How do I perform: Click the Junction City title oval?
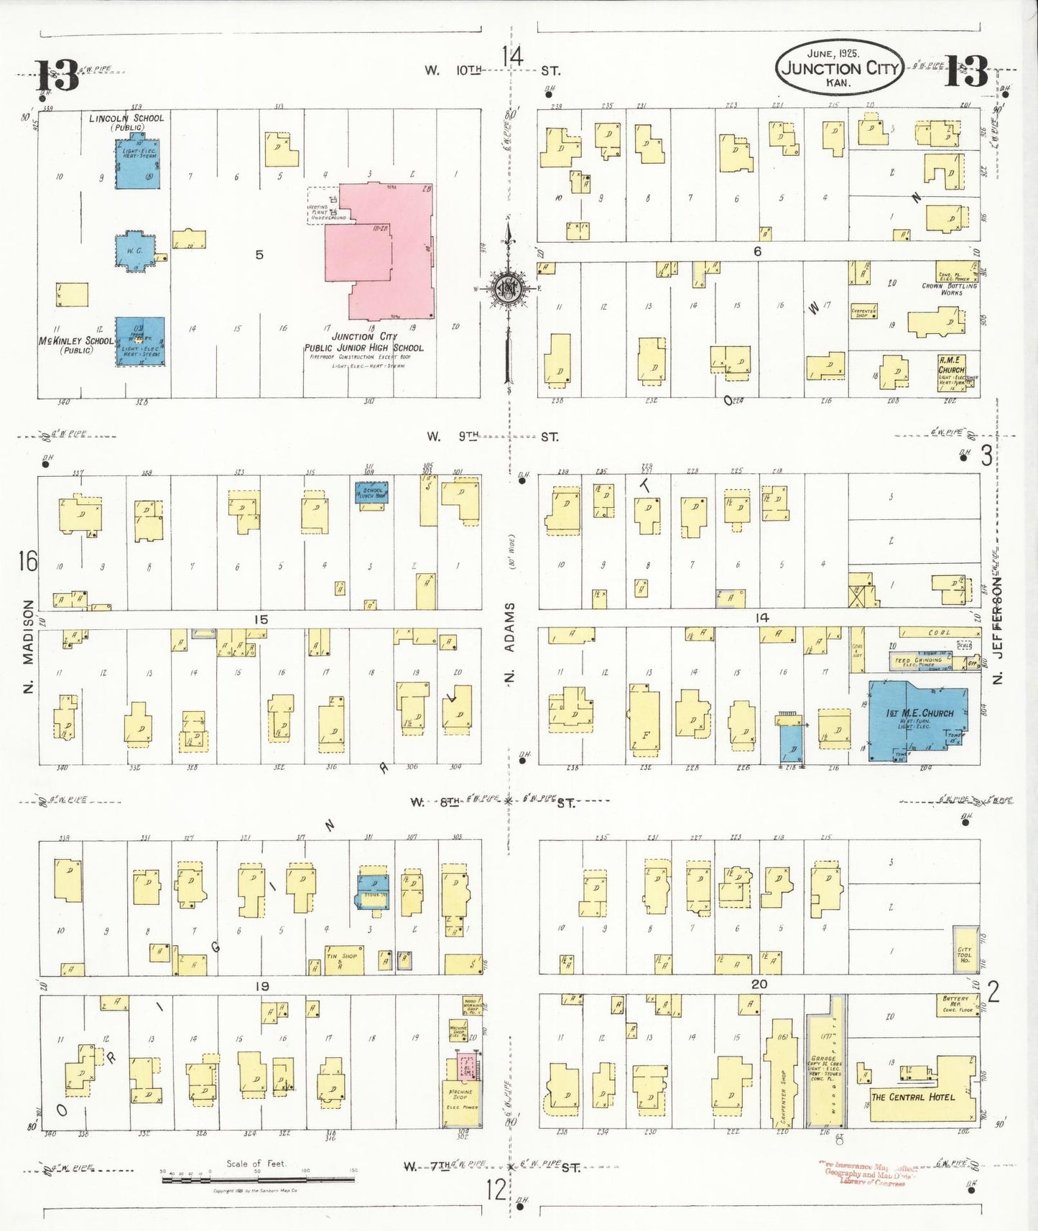[839, 67]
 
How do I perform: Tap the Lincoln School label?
[126, 119]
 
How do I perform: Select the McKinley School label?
[75, 341]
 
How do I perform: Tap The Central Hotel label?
[912, 1097]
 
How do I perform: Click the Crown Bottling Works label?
[950, 289]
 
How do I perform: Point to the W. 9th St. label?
[491, 436]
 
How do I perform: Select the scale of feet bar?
[258, 1179]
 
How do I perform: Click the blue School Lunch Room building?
[372, 492]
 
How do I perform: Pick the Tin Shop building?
[343, 960]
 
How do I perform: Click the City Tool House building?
[965, 950]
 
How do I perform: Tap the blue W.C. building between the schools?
[135, 251]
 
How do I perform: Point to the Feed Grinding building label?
[919, 661]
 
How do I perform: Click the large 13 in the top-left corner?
[57, 75]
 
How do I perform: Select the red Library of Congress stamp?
[867, 1173]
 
